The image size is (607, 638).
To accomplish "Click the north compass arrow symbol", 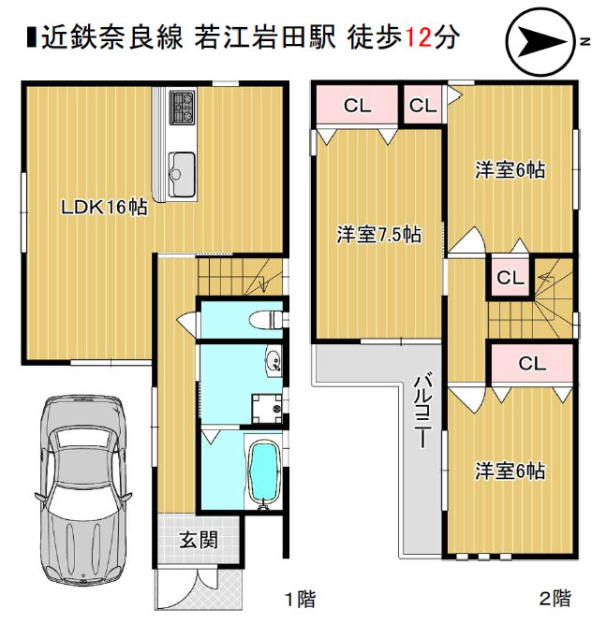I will click(538, 42).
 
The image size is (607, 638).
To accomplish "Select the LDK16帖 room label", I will click(103, 208).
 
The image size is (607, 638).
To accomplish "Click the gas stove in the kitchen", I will click(182, 109).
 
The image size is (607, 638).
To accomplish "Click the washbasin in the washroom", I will click(273, 363).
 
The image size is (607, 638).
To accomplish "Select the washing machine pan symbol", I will click(270, 405).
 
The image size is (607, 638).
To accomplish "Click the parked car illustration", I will click(82, 486).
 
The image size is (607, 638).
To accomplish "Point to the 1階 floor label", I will click(300, 599).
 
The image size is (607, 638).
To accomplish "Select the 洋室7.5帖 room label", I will click(378, 235).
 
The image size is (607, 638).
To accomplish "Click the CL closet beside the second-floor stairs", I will click(509, 278).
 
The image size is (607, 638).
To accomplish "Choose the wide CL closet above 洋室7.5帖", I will click(356, 106).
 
